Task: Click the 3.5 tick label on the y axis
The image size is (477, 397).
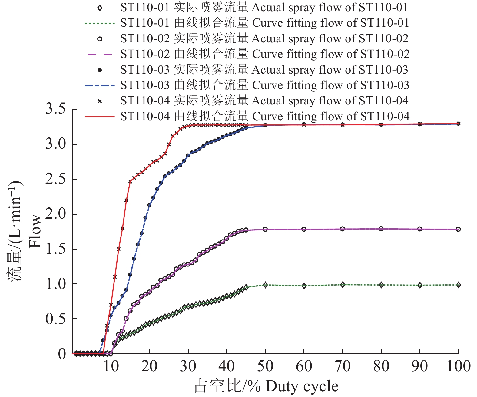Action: (x=55, y=109)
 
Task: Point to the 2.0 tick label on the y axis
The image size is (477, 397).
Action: (x=55, y=214)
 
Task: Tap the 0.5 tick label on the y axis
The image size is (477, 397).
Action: (x=55, y=319)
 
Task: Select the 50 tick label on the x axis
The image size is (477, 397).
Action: (x=265, y=366)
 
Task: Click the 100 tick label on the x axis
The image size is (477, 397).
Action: (x=459, y=366)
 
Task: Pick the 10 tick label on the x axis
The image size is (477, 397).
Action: (x=111, y=366)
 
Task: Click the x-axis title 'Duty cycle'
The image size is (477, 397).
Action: (x=302, y=386)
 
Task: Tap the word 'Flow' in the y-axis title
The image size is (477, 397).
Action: (x=35, y=231)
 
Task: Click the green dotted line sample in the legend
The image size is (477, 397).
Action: (x=100, y=23)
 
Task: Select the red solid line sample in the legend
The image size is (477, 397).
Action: (x=100, y=117)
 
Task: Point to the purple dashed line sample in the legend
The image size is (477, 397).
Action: (x=100, y=55)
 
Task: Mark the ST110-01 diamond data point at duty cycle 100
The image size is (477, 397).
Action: (x=459, y=285)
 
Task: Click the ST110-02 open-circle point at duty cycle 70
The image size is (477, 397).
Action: (x=343, y=229)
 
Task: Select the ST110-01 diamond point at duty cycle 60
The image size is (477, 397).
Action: (x=304, y=286)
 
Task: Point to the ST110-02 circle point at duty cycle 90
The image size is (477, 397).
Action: (x=420, y=229)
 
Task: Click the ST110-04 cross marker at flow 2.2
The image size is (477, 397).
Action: (x=126, y=200)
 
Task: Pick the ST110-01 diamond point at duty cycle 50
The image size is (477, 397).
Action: (x=265, y=285)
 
